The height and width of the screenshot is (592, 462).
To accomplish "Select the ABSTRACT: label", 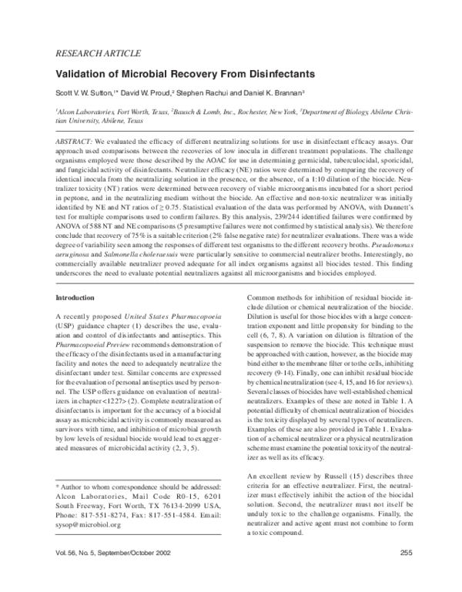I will coord(75,143).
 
